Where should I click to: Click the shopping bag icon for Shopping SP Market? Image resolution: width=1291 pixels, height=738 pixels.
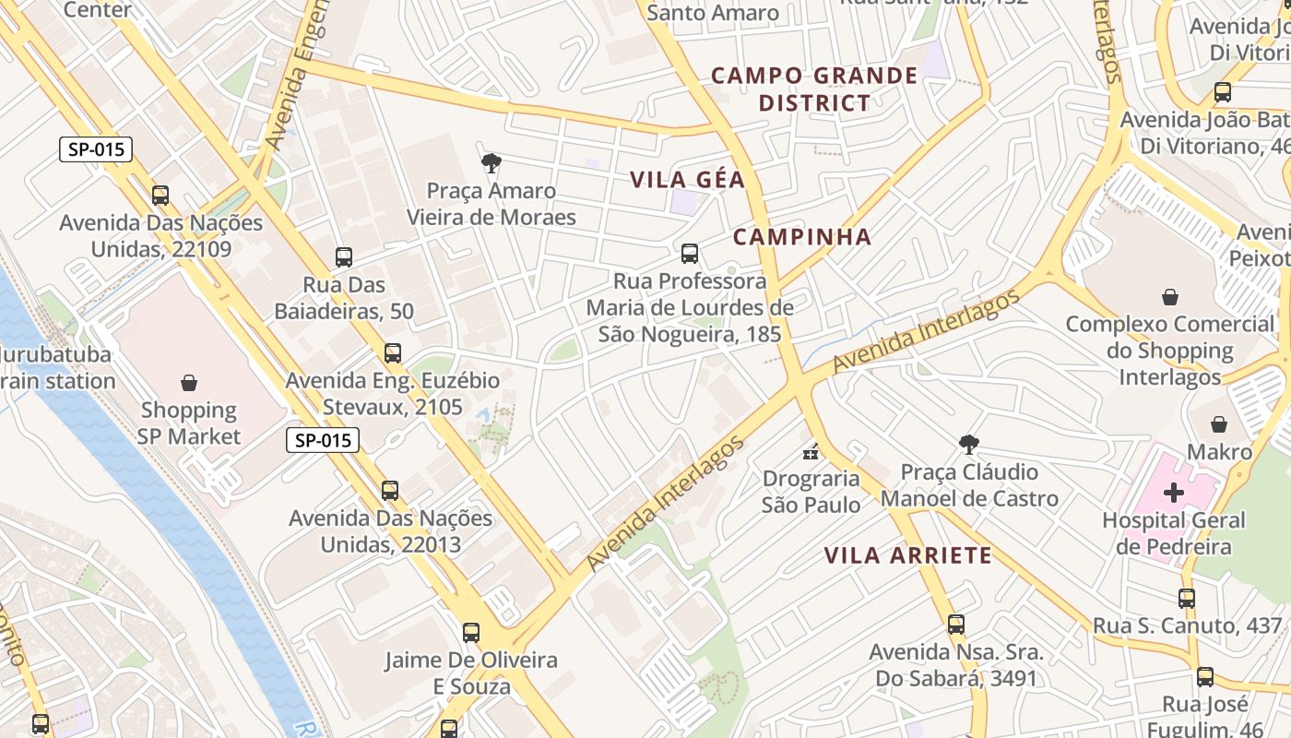[189, 382]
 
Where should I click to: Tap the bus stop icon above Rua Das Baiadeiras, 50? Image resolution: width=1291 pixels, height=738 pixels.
[344, 257]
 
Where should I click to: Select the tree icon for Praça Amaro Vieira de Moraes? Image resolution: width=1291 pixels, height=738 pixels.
[492, 163]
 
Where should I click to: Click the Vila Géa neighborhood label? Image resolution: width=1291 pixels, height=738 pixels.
[687, 180]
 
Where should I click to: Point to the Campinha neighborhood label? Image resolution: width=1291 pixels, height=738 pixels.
[802, 237]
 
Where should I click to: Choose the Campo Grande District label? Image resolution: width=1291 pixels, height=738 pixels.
[814, 89]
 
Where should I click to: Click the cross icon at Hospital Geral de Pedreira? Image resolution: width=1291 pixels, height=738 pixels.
[1173, 493]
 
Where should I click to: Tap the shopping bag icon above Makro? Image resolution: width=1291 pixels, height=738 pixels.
[1219, 424]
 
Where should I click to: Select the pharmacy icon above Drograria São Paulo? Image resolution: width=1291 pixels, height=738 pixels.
[811, 451]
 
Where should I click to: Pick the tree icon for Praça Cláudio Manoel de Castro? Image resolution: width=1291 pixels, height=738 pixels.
[968, 445]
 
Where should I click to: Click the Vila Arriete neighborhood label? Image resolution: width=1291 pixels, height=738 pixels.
[907, 555]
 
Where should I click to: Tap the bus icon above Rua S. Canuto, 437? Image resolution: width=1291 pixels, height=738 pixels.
[1187, 598]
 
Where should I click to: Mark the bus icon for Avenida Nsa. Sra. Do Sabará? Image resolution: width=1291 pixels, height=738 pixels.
[956, 625]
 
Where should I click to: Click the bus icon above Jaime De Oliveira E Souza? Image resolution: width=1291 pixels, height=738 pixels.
[471, 633]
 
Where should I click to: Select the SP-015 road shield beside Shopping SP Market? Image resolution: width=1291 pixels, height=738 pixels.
[322, 440]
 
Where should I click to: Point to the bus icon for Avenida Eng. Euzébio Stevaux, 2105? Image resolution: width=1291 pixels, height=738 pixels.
[393, 352]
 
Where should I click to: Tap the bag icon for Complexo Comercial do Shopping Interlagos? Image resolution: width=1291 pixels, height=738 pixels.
[1169, 297]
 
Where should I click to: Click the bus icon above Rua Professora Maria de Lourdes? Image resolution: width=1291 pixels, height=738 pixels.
[689, 253]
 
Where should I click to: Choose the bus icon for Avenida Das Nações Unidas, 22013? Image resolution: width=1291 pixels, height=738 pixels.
[390, 490]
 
